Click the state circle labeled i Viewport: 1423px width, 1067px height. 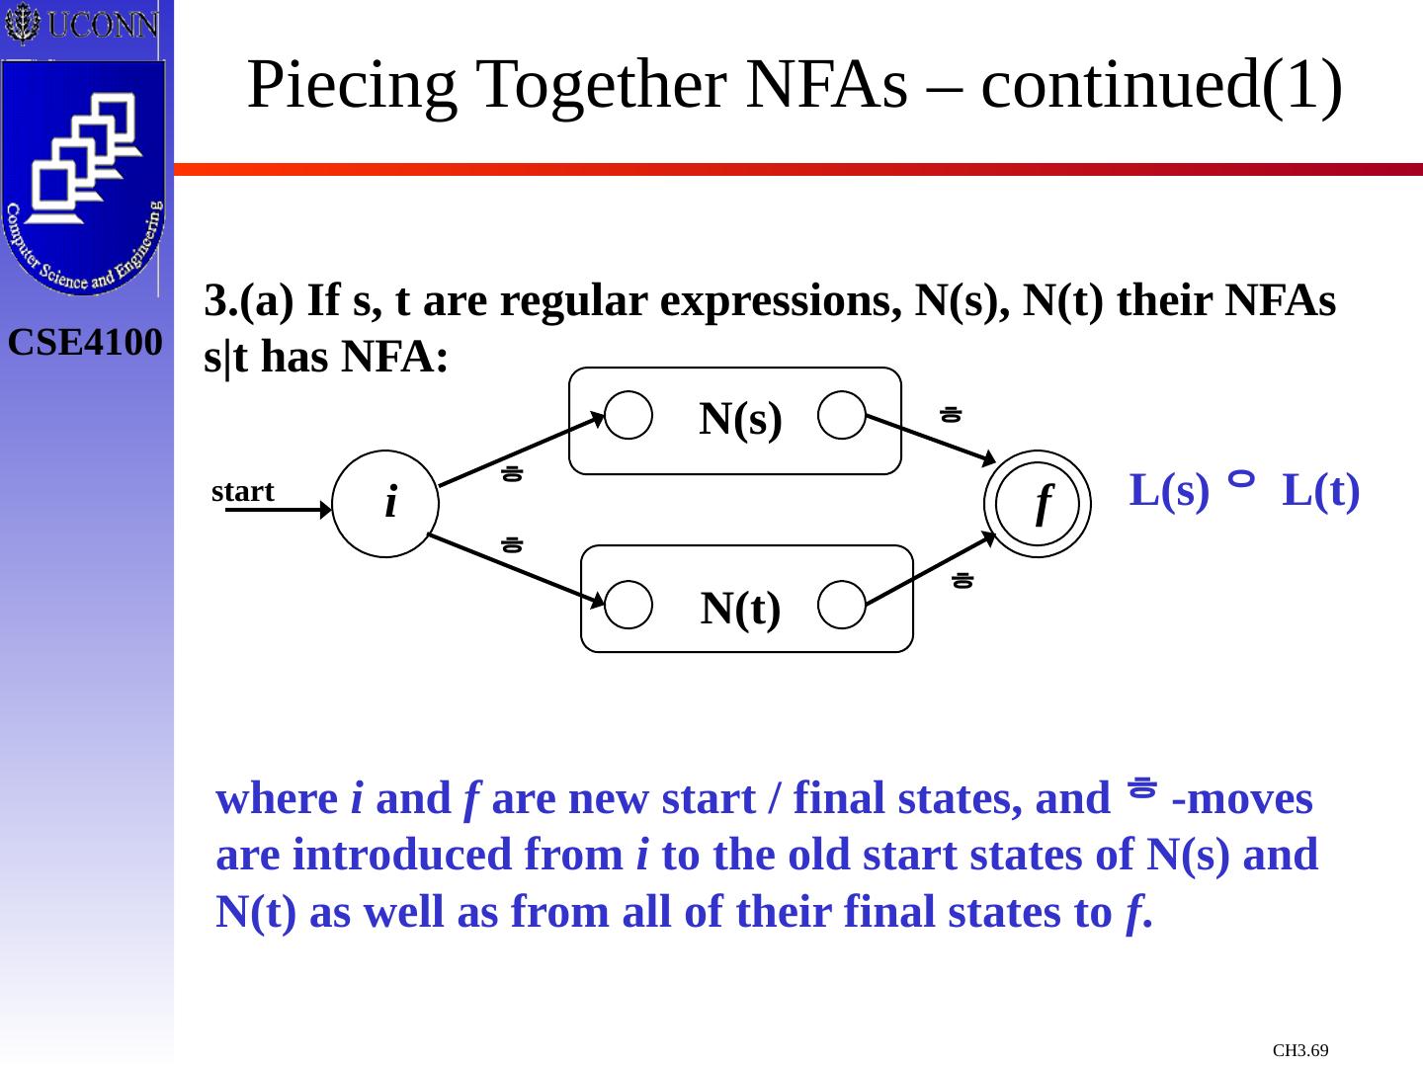(384, 504)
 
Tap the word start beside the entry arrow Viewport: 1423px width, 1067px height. (242, 491)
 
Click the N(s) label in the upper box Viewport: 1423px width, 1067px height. (740, 419)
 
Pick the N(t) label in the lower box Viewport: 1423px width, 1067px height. (740, 609)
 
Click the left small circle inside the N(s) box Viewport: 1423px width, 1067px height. (628, 416)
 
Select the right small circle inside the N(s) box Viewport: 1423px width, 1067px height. (842, 416)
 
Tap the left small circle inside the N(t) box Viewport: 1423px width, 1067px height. (628, 605)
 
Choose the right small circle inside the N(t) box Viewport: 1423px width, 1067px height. (842, 605)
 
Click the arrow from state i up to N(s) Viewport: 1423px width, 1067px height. (521, 451)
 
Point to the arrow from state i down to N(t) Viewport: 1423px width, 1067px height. (516, 567)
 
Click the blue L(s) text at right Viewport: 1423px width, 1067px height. (1169, 491)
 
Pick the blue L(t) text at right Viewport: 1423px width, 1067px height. (1321, 491)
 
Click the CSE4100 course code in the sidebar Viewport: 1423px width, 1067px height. (86, 343)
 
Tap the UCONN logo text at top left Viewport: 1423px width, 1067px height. (102, 25)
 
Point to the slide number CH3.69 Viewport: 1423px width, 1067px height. (1300, 1050)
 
